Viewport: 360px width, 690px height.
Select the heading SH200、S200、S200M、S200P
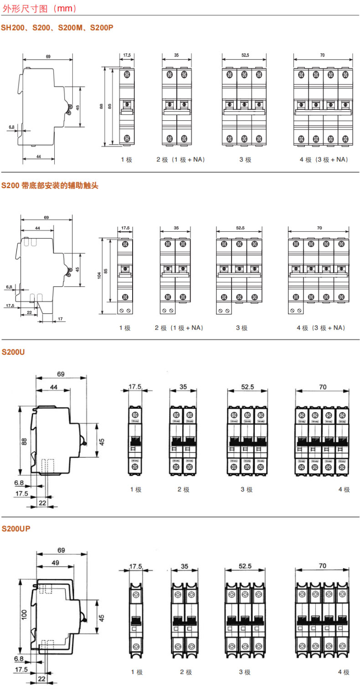point(57,28)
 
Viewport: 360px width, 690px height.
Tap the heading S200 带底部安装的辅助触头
point(50,185)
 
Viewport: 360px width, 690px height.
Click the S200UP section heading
point(16,529)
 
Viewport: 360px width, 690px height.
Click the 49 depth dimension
point(55,563)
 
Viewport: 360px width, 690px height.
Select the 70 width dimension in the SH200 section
point(322,55)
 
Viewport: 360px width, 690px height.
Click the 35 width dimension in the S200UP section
point(184,566)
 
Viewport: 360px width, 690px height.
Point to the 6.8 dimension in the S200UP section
point(19,659)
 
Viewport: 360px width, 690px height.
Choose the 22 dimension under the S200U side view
point(42,502)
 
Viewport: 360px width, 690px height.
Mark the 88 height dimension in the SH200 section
point(101,107)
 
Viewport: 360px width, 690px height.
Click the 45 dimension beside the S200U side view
point(102,441)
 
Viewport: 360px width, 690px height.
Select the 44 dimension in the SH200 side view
point(38,156)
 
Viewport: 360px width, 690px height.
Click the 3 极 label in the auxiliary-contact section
point(242,328)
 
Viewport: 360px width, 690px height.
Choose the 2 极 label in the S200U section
point(183,490)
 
